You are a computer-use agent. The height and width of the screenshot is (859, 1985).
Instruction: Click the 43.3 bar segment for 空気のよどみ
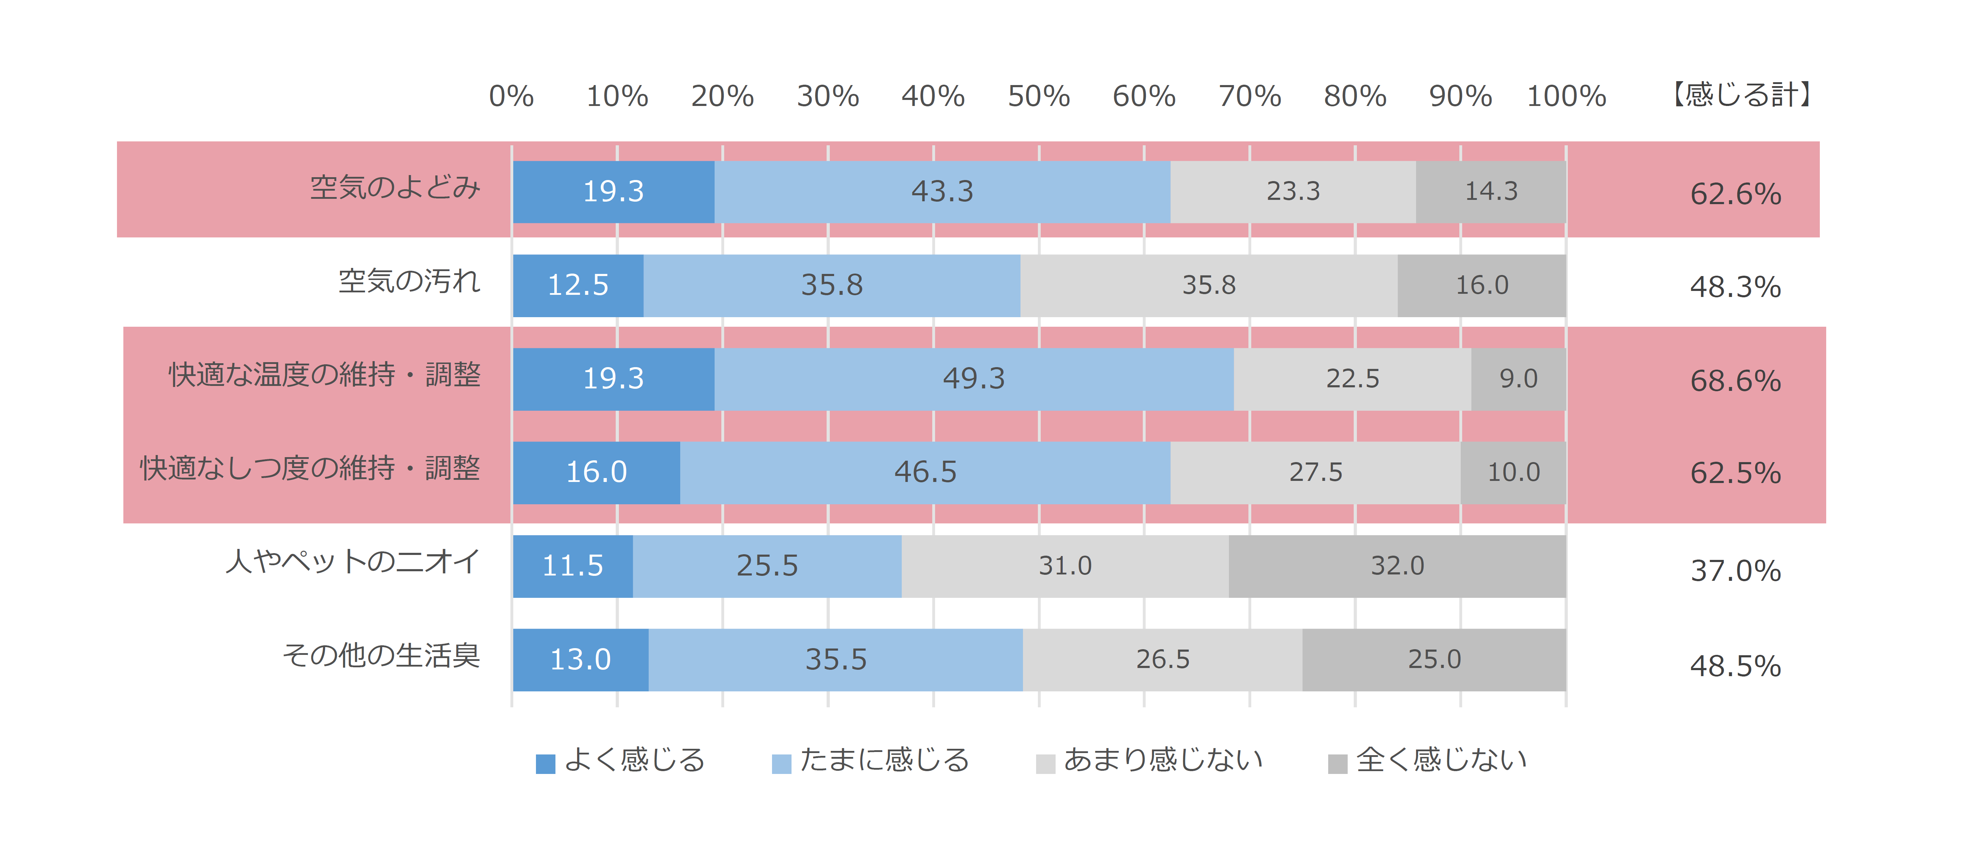(942, 191)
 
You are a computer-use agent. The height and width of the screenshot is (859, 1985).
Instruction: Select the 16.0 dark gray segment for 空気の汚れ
(1481, 285)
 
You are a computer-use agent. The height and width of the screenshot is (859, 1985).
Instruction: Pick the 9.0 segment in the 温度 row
(1518, 378)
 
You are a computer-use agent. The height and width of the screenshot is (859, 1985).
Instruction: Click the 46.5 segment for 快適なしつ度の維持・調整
(925, 472)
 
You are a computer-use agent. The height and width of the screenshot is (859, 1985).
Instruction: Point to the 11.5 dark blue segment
(572, 566)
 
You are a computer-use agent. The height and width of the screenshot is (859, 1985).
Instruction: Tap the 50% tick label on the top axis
(1039, 96)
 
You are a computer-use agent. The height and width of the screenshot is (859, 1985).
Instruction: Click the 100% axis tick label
(1566, 96)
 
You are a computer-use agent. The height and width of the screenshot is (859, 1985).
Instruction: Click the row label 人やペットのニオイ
(352, 562)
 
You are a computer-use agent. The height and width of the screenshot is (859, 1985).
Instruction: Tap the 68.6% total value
(1735, 381)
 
